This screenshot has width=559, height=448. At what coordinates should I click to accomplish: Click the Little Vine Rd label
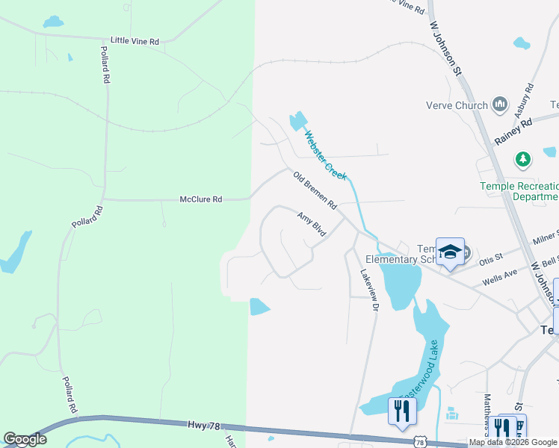point(135,42)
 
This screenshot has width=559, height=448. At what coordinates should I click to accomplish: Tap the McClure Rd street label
point(201,199)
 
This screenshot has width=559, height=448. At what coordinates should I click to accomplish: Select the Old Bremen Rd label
point(315,190)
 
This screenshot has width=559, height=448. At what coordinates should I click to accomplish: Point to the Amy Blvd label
point(312,225)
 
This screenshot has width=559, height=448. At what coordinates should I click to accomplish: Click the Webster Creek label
point(325,155)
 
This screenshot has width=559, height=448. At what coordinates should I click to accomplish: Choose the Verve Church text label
point(456,105)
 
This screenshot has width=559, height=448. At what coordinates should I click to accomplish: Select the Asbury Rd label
point(524,102)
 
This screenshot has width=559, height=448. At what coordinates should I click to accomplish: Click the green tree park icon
point(524,159)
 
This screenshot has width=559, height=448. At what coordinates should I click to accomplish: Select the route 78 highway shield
point(421,443)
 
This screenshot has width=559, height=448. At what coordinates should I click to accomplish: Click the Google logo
point(25,439)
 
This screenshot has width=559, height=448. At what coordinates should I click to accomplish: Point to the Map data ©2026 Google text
point(513,443)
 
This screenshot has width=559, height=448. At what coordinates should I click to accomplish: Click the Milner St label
point(546,237)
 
